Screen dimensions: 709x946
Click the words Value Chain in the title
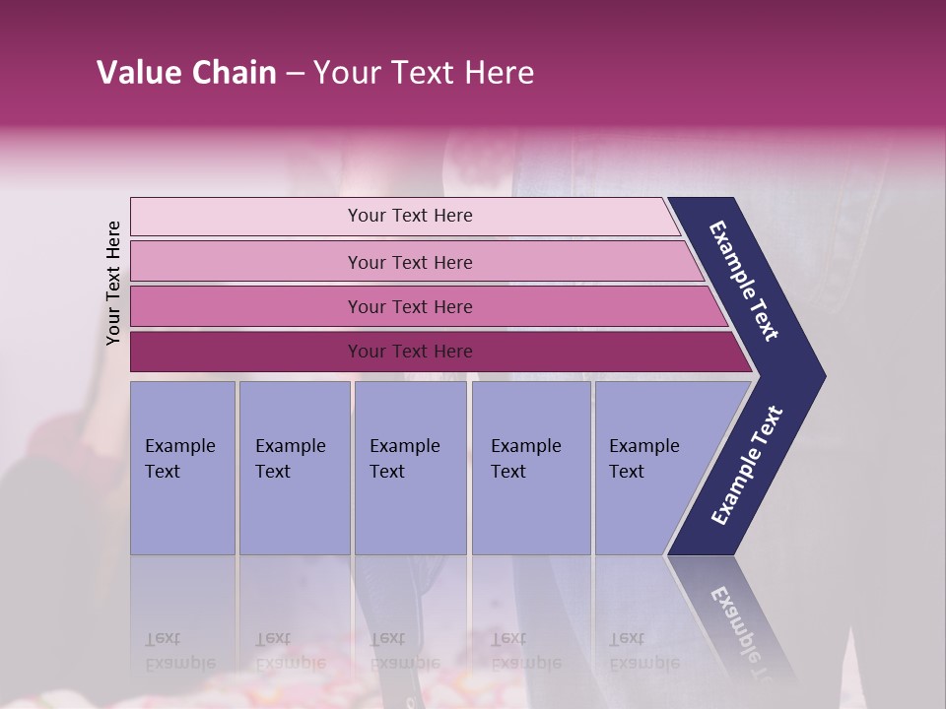(x=186, y=73)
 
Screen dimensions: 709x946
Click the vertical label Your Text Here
(x=113, y=283)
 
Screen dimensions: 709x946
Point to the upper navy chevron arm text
(x=744, y=281)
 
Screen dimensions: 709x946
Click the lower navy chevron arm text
(x=747, y=466)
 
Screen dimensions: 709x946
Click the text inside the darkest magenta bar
(x=410, y=352)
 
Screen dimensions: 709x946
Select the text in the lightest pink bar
(x=410, y=216)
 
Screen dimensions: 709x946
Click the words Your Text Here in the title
(x=424, y=73)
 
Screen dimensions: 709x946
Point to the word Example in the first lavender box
(x=179, y=446)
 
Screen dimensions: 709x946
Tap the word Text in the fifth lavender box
(x=627, y=472)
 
